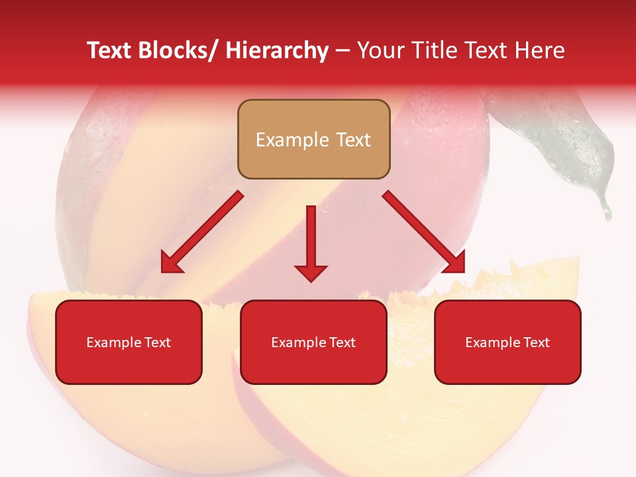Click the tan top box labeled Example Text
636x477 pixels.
coord(313,139)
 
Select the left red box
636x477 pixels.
coord(129,342)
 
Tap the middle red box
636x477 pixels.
coord(313,342)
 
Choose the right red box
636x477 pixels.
coord(507,342)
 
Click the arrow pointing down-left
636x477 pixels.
coord(202,233)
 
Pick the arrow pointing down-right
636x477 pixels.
coord(424,232)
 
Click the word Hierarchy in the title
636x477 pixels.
coord(276,51)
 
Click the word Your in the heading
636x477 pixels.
coord(380,51)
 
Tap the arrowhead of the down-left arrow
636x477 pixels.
coord(172,263)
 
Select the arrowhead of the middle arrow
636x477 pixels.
coord(311,272)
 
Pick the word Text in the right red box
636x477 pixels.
coord(536,342)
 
